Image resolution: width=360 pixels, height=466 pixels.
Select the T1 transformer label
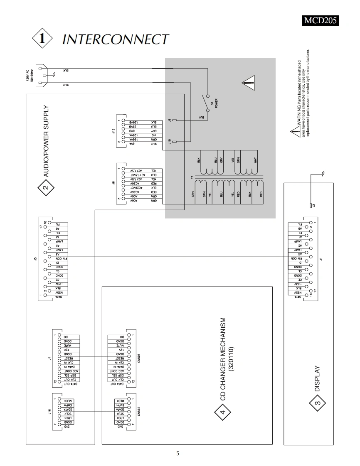pyautogui.click(x=192, y=177)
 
